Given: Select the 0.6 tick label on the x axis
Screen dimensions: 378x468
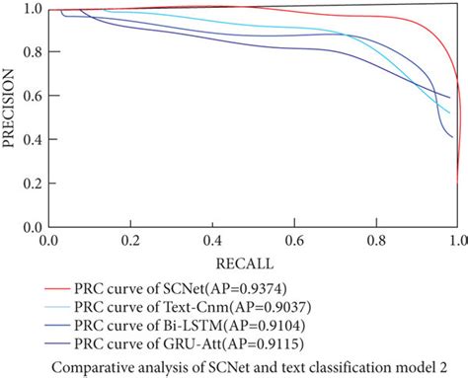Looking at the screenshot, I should point(292,240).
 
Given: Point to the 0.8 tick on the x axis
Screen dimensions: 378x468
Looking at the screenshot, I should point(374,240).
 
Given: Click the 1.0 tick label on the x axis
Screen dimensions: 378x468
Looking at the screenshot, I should point(455,240).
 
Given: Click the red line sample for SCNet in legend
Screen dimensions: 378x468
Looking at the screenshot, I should point(56,289).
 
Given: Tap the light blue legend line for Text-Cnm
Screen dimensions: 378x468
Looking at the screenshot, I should point(56,307).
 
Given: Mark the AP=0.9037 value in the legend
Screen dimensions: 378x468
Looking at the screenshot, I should point(259,307).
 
